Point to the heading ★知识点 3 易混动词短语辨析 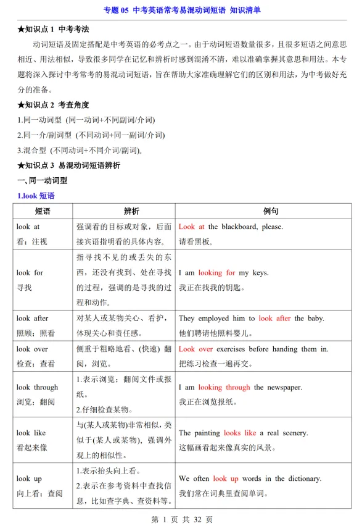coord(69,165)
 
